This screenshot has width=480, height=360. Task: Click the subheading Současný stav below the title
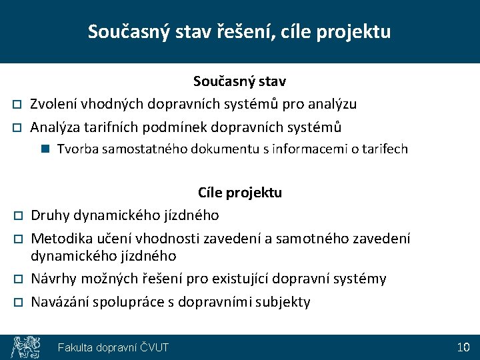click(x=239, y=81)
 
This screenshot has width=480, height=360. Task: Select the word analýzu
click(x=331, y=104)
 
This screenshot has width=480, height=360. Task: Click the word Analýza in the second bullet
click(x=57, y=127)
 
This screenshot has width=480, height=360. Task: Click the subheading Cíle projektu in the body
click(x=239, y=193)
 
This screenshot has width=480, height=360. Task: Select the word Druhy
click(x=50, y=215)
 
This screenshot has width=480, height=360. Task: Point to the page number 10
click(x=463, y=347)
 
